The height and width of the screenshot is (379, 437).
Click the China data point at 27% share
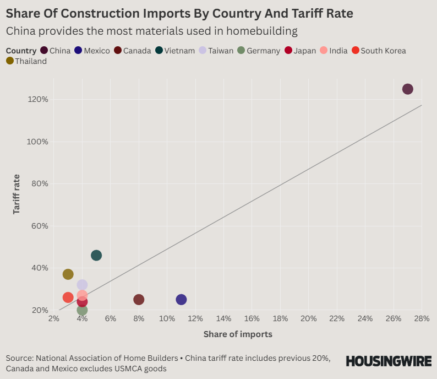pyautogui.click(x=407, y=89)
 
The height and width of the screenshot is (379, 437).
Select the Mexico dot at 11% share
pyautogui.click(x=181, y=300)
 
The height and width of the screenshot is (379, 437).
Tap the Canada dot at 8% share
pyautogui.click(x=139, y=300)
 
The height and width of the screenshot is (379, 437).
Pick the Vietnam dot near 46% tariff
pyautogui.click(x=96, y=256)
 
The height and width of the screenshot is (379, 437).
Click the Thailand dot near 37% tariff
pyautogui.click(x=68, y=274)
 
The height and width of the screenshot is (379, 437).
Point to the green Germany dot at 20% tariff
pyautogui.click(x=83, y=310)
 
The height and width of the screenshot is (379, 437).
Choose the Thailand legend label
pyautogui.click(x=31, y=61)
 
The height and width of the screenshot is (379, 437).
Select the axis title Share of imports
pyautogui.click(x=238, y=334)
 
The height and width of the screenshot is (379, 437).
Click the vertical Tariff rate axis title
pyautogui.click(x=17, y=194)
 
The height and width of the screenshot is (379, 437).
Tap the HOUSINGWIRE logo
pyautogui.click(x=388, y=361)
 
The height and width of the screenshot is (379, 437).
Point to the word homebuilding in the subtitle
pyautogui.click(x=263, y=31)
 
